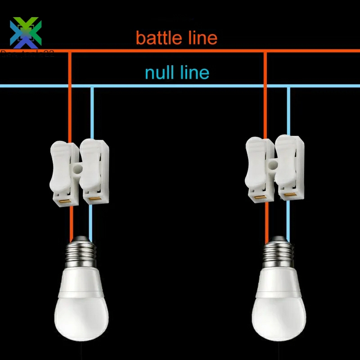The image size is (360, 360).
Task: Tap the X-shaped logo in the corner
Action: (x=26, y=32)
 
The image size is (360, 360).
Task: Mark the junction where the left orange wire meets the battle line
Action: (x=70, y=51)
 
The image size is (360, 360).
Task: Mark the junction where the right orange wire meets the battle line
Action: (x=265, y=51)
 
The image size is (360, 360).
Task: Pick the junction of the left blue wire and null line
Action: (x=92, y=86)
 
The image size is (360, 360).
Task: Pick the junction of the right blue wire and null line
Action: (x=288, y=86)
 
